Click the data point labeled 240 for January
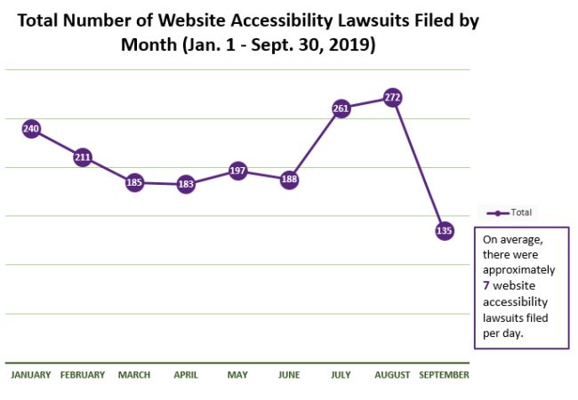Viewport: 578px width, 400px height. (x=31, y=129)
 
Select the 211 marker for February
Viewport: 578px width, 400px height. (x=83, y=158)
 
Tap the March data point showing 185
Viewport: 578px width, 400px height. (x=134, y=183)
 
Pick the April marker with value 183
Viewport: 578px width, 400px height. (x=186, y=185)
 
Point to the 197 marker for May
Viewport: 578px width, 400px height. (x=237, y=171)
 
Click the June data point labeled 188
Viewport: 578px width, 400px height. (x=289, y=180)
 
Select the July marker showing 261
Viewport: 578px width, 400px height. (x=341, y=108)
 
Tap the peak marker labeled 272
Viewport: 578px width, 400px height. (x=392, y=97)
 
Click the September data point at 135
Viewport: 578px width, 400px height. (x=445, y=230)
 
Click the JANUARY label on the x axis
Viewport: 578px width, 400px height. (x=31, y=375)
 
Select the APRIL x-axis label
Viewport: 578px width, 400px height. (x=186, y=375)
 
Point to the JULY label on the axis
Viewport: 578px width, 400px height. (x=341, y=375)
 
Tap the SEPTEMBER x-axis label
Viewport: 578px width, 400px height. (x=444, y=375)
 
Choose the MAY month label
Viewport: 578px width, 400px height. (x=237, y=375)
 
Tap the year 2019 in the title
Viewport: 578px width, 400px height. (x=351, y=44)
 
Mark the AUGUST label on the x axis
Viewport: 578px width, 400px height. (x=392, y=375)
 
